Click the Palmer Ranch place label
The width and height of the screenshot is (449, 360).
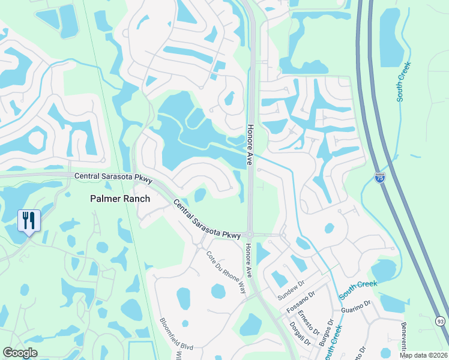pos(119,198)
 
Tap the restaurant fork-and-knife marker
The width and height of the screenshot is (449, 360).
pos(28,220)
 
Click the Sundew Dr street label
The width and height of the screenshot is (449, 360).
pos(292,293)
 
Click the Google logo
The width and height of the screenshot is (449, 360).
pos(20,353)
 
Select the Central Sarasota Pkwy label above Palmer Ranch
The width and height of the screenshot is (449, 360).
pos(113,177)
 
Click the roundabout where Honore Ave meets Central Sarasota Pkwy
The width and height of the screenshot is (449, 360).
pos(250,235)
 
